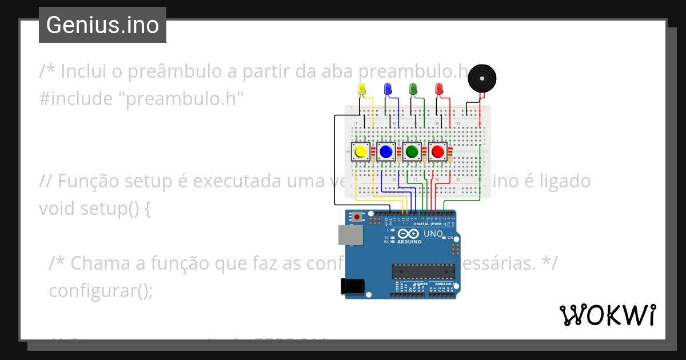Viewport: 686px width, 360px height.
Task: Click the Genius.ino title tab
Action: click(x=102, y=25)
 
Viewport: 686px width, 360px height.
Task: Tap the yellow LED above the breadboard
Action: click(x=361, y=89)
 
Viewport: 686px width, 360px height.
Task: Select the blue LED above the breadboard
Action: click(x=388, y=89)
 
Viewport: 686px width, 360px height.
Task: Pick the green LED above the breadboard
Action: click(x=413, y=89)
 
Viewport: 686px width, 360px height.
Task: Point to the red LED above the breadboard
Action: click(x=439, y=89)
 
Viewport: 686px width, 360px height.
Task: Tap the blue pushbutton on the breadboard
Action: click(x=386, y=151)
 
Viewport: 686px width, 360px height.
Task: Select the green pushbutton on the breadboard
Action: click(x=412, y=151)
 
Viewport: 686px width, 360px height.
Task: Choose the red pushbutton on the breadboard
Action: click(x=438, y=151)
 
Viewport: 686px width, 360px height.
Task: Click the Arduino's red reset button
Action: click(x=358, y=217)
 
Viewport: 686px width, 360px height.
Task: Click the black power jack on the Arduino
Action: click(x=352, y=286)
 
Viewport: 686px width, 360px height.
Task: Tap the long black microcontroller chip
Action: click(x=423, y=273)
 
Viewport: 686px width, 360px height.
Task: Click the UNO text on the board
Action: click(x=433, y=234)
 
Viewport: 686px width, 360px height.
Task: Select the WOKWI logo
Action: click(x=607, y=315)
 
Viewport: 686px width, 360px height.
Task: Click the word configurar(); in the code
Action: click(x=101, y=290)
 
